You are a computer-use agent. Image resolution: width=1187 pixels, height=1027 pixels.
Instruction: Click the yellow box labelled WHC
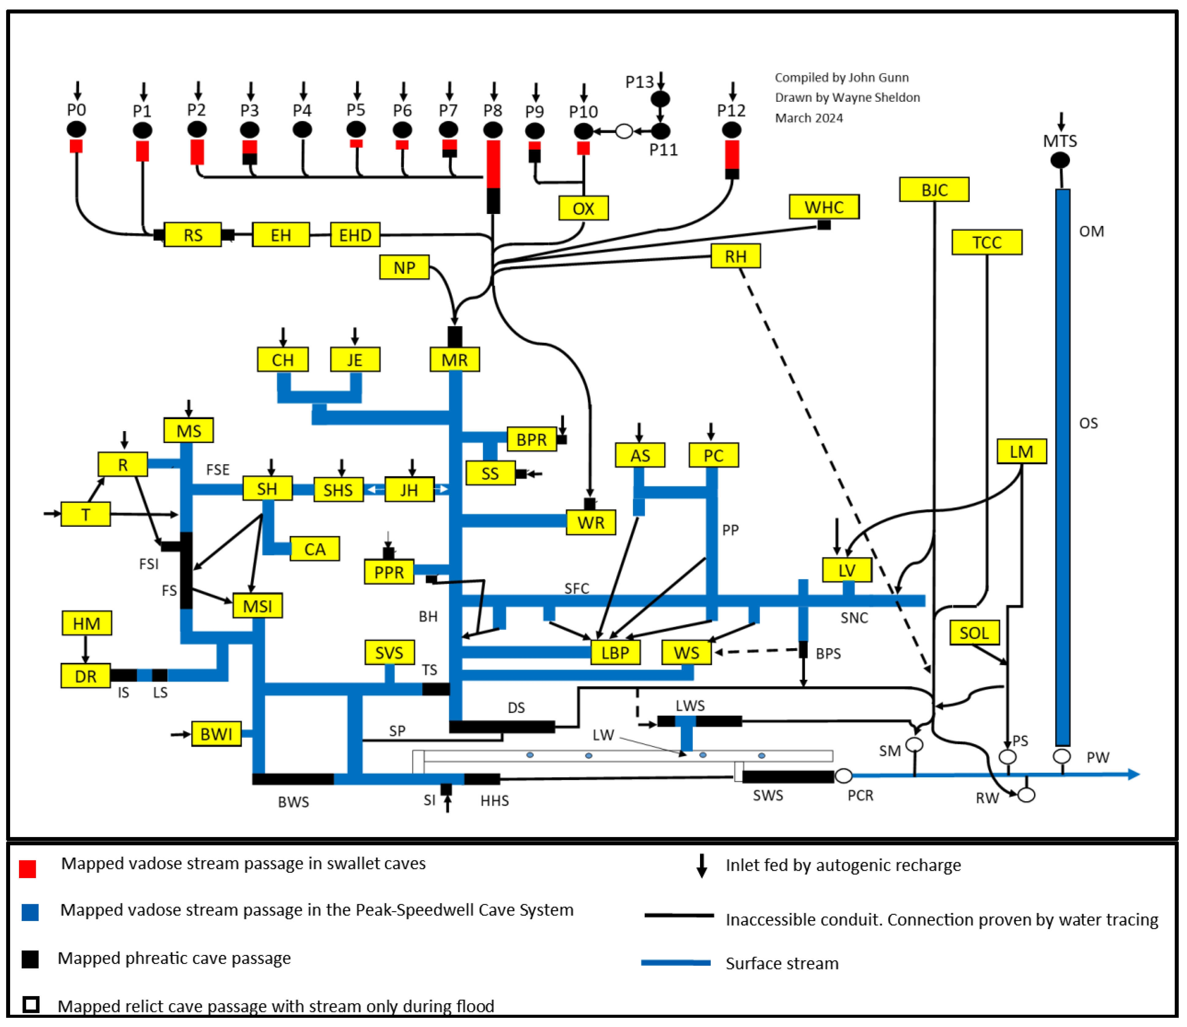pyautogui.click(x=824, y=207)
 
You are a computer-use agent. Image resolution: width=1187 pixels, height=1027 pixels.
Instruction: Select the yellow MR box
pyautogui.click(x=455, y=360)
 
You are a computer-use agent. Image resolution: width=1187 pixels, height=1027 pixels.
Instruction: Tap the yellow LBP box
pyautogui.click(x=615, y=653)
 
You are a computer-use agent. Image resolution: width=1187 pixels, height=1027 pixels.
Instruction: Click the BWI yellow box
pyautogui.click(x=216, y=734)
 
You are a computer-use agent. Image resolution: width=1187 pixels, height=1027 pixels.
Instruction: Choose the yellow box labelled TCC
pyautogui.click(x=986, y=242)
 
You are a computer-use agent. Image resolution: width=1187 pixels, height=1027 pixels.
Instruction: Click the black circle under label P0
pyautogui.click(x=76, y=129)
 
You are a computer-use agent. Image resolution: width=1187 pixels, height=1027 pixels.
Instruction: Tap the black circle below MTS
pyautogui.click(x=1060, y=161)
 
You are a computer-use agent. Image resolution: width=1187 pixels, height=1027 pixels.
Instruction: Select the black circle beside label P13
pyautogui.click(x=660, y=99)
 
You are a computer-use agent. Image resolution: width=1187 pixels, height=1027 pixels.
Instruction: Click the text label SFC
pyautogui.click(x=576, y=589)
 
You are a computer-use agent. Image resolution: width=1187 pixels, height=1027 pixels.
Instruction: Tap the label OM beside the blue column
pyautogui.click(x=1091, y=232)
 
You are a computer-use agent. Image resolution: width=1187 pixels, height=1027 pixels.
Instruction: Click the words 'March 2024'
pyautogui.click(x=809, y=118)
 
